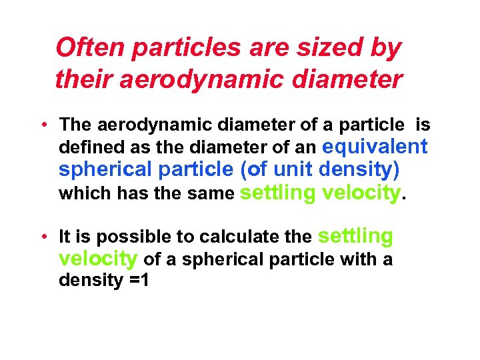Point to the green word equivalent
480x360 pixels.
click(x=375, y=145)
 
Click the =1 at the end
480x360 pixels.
click(x=138, y=280)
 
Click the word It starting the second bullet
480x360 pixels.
click(x=65, y=237)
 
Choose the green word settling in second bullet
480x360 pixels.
click(x=357, y=235)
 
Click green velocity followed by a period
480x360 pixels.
click(x=361, y=193)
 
